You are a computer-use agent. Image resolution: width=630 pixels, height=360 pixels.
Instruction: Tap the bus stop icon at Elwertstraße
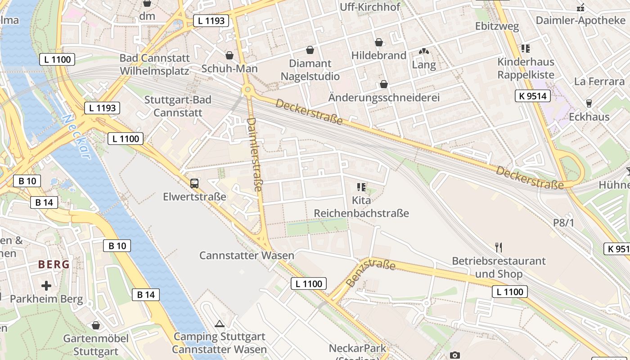coord(194,183)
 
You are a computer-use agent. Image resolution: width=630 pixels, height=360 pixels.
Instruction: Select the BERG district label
coord(54,264)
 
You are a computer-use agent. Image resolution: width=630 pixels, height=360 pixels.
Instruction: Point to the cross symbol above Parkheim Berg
coord(46,285)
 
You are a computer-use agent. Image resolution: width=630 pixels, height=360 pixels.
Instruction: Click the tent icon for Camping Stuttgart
coord(219,324)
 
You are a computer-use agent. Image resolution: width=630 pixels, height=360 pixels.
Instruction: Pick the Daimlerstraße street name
coord(254,154)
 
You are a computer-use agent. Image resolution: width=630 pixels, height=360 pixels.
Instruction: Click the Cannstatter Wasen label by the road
coord(247,256)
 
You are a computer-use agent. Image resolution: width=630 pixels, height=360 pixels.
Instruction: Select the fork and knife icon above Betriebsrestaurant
coord(498,247)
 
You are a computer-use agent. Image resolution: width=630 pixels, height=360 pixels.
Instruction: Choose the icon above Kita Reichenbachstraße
coord(361,186)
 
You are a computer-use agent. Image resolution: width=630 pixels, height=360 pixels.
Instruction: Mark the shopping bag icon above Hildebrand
coord(379,42)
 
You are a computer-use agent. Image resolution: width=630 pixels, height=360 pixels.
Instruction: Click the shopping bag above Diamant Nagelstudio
coord(310,49)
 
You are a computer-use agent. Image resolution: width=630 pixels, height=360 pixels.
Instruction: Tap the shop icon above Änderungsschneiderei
coord(384,84)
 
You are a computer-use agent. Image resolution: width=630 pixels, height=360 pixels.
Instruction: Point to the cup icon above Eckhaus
coord(589,103)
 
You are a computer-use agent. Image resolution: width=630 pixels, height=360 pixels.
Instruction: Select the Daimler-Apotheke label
coord(580,20)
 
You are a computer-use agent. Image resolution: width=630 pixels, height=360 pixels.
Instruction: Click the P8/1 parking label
coord(564,222)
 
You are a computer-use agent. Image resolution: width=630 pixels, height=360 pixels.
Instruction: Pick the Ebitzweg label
coord(497,26)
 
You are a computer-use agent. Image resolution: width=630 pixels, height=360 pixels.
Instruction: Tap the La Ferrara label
coord(599,81)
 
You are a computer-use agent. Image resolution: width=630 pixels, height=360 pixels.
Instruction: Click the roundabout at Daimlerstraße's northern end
coord(247,90)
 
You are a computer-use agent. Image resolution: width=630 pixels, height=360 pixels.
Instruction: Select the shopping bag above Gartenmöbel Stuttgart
coord(96,325)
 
